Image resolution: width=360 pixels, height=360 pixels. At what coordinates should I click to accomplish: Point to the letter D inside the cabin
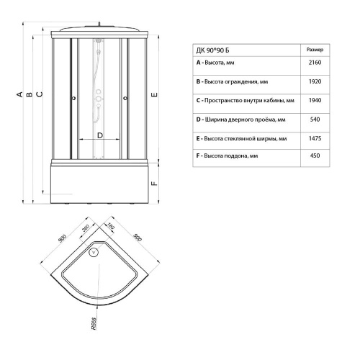[x=99, y=134]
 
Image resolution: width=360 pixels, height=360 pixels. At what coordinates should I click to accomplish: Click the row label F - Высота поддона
[x=228, y=156]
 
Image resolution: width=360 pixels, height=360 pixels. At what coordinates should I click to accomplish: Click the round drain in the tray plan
[x=91, y=252]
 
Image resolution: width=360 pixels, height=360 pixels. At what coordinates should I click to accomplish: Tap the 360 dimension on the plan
[x=86, y=230]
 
